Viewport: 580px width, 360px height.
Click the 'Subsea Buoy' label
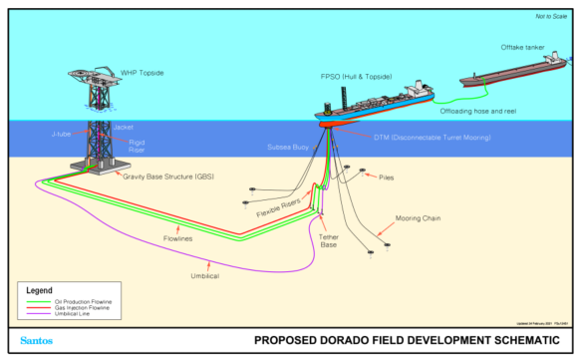point(288,147)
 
